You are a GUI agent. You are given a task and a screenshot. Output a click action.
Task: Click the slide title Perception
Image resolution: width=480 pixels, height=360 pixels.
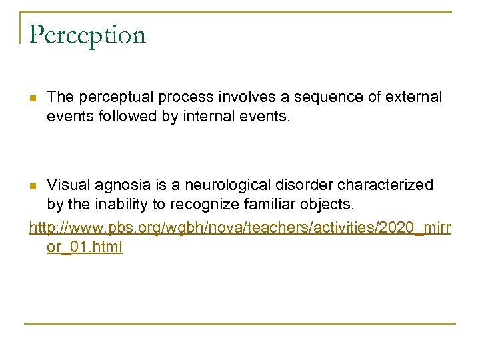pos(87,35)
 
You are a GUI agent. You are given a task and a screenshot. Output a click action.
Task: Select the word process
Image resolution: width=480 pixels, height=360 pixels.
pos(172,97)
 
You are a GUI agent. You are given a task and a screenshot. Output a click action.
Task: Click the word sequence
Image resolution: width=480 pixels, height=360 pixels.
pos(304,97)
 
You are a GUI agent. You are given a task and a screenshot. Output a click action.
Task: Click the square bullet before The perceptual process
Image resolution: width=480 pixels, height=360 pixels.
pos(33,99)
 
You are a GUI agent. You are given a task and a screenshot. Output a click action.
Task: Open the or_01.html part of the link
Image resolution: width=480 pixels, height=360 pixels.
pos(85,248)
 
